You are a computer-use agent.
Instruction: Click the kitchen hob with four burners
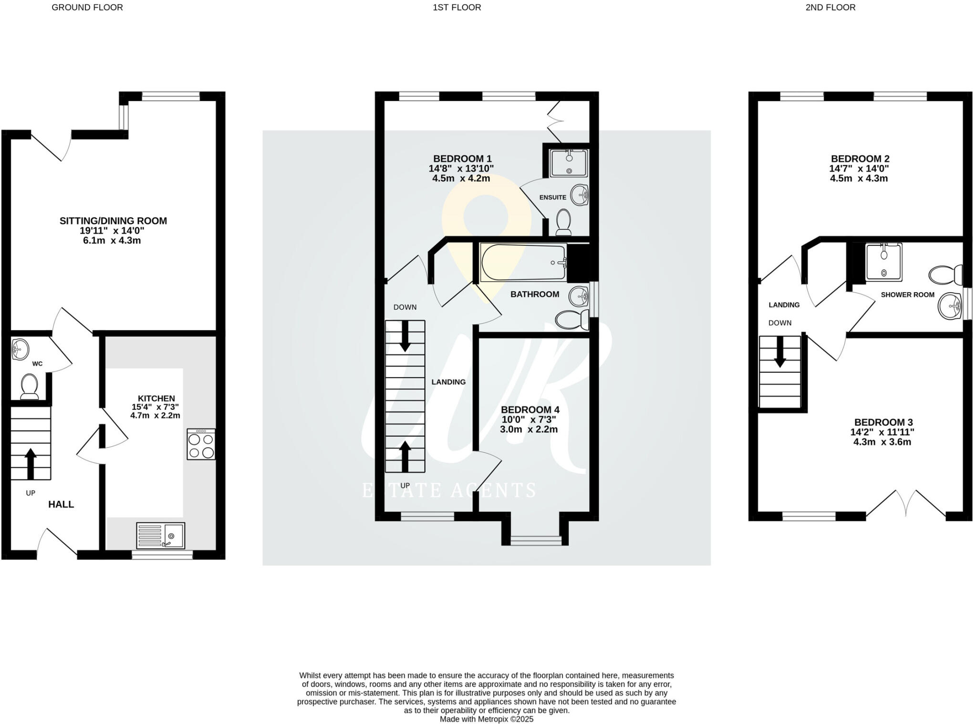coord(201,444)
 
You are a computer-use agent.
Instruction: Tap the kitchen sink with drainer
coord(160,535)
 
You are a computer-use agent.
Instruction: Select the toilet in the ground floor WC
coord(30,385)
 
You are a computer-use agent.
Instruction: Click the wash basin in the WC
coord(20,349)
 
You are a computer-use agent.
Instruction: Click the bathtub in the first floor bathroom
coord(523,263)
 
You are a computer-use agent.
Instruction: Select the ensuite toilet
coord(564,222)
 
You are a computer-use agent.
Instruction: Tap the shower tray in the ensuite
coord(569,163)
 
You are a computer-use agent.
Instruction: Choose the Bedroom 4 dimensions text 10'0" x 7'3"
coord(529,419)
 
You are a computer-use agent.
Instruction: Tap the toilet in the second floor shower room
coord(945,275)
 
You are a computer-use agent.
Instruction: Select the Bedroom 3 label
coord(883,422)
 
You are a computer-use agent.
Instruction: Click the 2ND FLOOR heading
coord(830,7)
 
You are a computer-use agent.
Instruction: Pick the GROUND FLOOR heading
coord(87,7)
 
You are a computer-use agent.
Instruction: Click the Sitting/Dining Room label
coord(113,221)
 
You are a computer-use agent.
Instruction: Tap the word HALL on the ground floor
coord(61,504)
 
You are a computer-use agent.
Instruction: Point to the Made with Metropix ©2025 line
coord(486,719)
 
